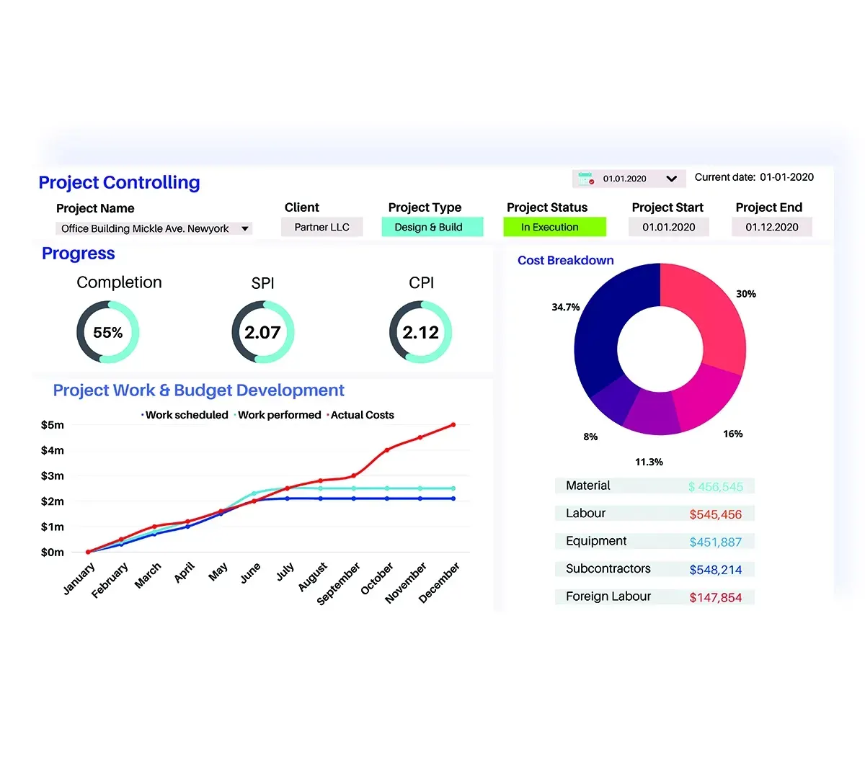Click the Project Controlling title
tap(119, 183)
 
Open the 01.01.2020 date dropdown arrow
tap(671, 179)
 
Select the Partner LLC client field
tap(321, 227)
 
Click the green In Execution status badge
tap(554, 227)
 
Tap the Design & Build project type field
tap(428, 227)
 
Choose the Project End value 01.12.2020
tap(771, 227)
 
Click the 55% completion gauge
tap(108, 332)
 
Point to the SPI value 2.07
tap(262, 332)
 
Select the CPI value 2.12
tap(420, 332)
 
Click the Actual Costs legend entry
tap(362, 415)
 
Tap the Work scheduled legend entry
tap(187, 415)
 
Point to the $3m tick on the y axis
tap(52, 475)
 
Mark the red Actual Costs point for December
tap(453, 425)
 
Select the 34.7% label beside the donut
tap(565, 307)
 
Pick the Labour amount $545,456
tap(715, 514)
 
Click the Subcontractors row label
tap(608, 568)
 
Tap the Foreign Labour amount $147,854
tap(715, 597)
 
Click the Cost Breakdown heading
tap(565, 260)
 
